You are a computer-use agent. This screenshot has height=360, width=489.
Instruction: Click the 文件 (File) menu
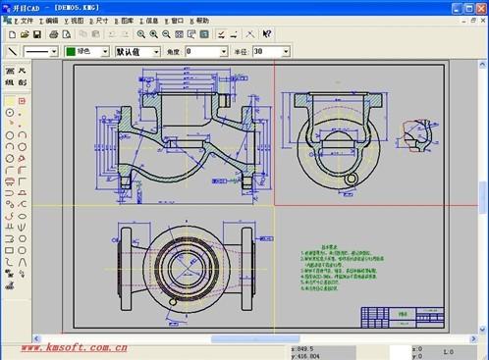pos(25,21)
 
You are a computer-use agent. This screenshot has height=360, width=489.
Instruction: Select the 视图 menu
pos(76,21)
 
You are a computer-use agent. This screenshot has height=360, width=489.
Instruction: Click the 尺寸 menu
pos(101,21)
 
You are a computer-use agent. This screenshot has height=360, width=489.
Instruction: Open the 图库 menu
pos(126,21)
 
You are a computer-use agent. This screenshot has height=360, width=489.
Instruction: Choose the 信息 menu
pos(150,21)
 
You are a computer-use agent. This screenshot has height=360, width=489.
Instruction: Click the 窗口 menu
pos(176,21)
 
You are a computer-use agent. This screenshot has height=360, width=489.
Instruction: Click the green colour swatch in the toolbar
pos(72,51)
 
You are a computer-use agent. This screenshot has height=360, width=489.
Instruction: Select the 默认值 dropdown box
pos(136,51)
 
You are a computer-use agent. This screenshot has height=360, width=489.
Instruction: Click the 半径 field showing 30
pos(270,51)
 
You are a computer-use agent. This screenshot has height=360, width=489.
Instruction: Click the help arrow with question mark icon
pos(267,34)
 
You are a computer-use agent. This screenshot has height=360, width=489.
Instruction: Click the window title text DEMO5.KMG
pos(74,6)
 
